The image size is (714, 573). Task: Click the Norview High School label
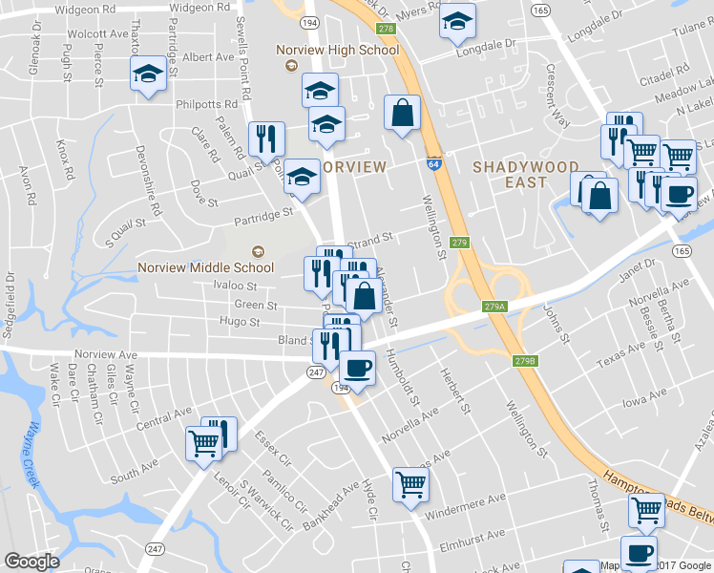pos(336,50)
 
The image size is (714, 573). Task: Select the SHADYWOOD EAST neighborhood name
pos(526,175)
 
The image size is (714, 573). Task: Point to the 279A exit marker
pos(493,307)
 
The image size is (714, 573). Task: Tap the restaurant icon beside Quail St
pos(266,139)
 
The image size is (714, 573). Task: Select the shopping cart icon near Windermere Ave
pos(410,483)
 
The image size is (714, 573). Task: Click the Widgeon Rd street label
pos(83,7)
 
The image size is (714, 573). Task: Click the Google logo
pos(32,562)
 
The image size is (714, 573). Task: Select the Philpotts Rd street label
pos(205,104)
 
